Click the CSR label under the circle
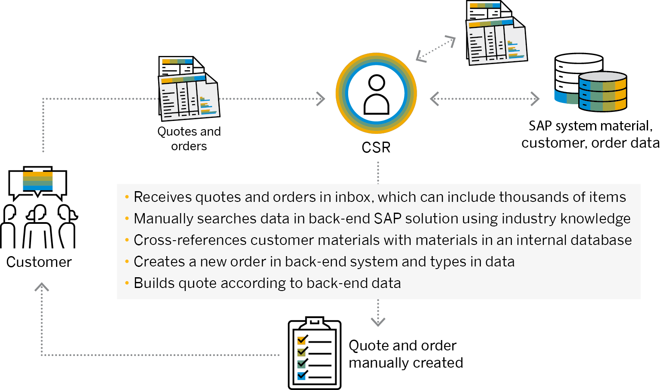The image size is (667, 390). pos(376,148)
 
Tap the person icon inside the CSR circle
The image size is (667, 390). pos(376,94)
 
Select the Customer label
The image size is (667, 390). pos(39,262)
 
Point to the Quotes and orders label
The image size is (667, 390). pos(189,138)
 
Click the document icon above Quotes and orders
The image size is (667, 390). pos(189,89)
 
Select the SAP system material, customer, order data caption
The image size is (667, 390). pos(590,134)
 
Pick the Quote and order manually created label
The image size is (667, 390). pos(405,354)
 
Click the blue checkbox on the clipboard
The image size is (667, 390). pos(302,376)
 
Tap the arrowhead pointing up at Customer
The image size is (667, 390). pos(42,287)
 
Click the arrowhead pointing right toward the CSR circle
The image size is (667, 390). pos(321,99)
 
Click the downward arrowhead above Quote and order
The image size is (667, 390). pos(378,321)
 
